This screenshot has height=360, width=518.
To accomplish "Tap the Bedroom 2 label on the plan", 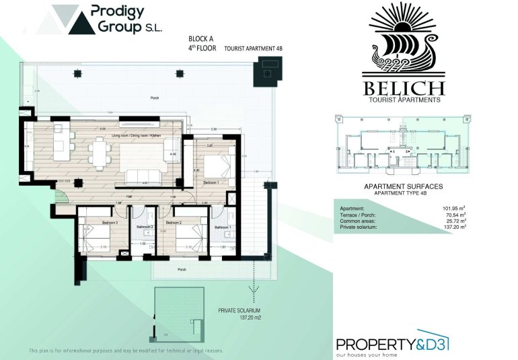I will point(174,222).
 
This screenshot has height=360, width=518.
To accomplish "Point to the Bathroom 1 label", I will point(223,227).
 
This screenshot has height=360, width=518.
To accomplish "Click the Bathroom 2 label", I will point(145,227).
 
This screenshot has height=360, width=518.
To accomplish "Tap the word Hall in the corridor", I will point(127,196).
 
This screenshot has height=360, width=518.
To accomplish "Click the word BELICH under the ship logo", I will point(403,88).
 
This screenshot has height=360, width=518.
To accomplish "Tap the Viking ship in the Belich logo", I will point(403,59).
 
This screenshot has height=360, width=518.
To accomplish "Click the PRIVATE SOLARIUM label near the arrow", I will point(239,310).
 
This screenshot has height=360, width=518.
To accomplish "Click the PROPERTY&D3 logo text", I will point(392,344).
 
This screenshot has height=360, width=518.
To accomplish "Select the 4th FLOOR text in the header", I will point(202,48).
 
